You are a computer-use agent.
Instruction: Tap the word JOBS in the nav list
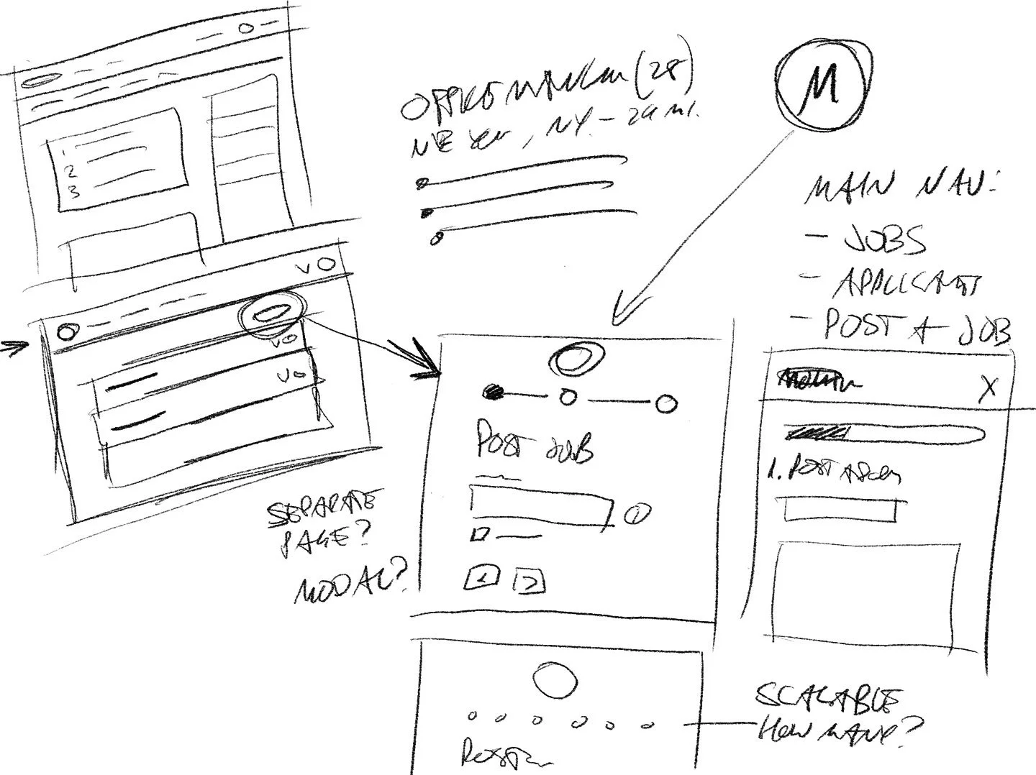click(885, 242)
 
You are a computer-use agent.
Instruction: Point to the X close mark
click(989, 388)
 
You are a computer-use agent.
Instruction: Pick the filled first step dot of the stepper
click(494, 393)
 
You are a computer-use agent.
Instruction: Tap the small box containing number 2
click(529, 582)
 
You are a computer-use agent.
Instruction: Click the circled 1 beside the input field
click(637, 515)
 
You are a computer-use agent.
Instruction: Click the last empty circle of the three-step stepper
click(666, 404)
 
